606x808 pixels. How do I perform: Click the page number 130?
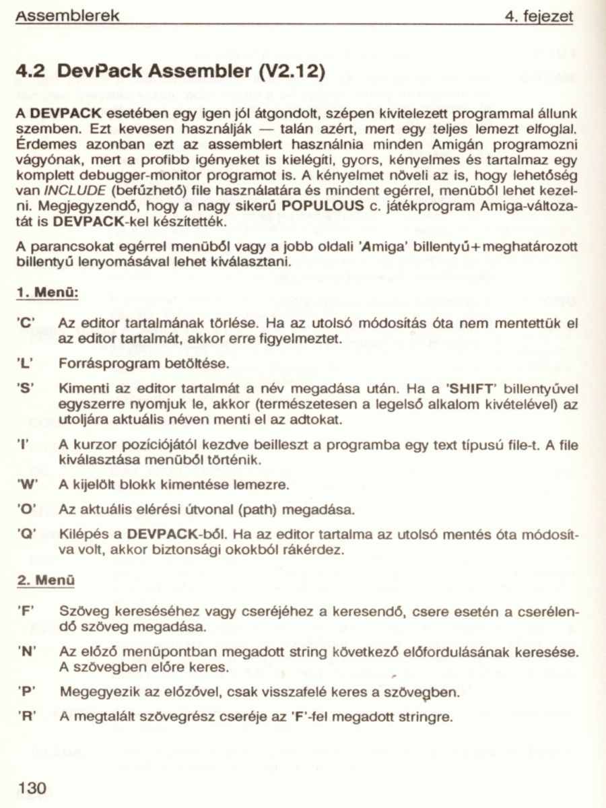click(32, 786)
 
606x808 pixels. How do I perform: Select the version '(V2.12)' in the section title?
click(292, 70)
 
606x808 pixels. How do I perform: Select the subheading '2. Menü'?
click(45, 580)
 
